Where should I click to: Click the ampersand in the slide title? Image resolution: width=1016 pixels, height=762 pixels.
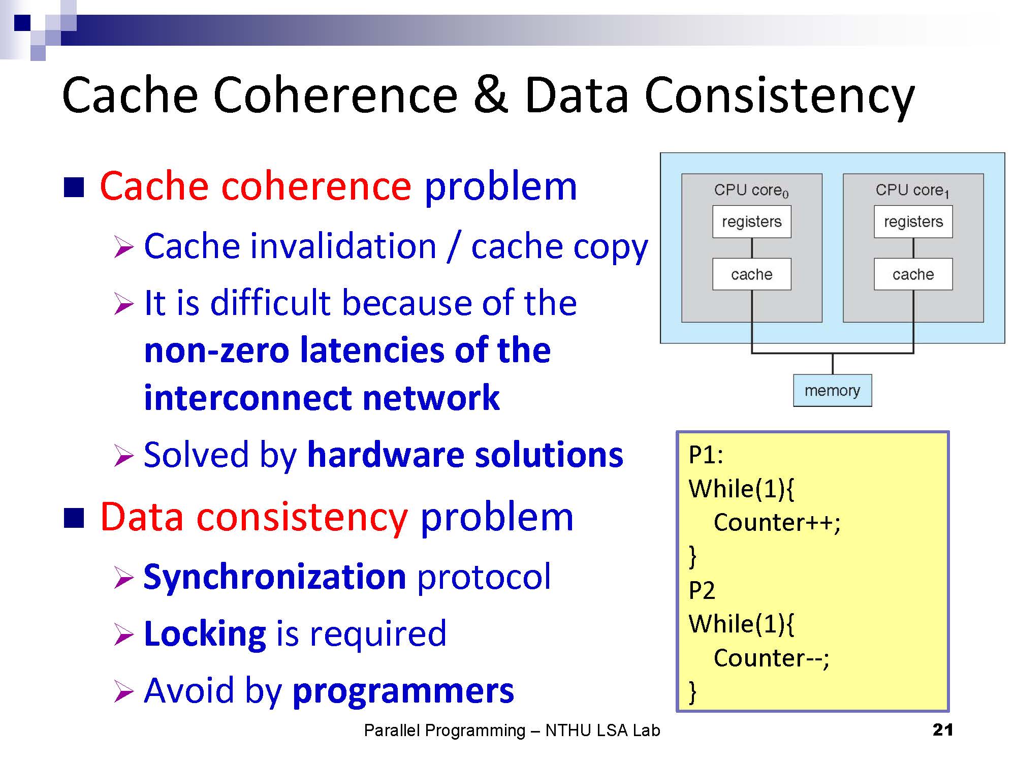(490, 95)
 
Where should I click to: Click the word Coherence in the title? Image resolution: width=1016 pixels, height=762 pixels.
(335, 95)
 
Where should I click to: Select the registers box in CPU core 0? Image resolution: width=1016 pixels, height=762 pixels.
(751, 222)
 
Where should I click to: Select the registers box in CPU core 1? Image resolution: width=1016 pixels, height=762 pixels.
(913, 222)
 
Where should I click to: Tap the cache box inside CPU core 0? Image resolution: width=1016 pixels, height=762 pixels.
(751, 274)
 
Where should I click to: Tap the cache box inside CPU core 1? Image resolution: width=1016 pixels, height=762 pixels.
(913, 274)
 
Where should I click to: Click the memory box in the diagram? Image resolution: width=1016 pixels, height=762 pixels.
(832, 391)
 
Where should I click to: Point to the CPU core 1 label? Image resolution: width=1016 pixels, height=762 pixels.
(912, 190)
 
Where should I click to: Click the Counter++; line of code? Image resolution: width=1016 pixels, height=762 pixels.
(777, 523)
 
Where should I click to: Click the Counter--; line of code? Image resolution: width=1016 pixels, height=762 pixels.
(771, 658)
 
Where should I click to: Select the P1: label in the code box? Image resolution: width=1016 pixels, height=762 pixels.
(706, 455)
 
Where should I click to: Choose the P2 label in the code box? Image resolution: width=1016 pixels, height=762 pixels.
(702, 590)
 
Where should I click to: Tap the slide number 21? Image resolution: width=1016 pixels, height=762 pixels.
(943, 730)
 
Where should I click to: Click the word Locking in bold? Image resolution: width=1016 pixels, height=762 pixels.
(205, 634)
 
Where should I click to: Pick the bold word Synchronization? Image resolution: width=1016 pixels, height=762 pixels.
(275, 577)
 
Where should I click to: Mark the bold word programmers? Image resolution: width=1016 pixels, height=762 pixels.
(403, 691)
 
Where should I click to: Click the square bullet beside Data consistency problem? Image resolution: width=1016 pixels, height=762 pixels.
(74, 518)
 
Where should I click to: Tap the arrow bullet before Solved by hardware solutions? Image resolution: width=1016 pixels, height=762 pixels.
(123, 455)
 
